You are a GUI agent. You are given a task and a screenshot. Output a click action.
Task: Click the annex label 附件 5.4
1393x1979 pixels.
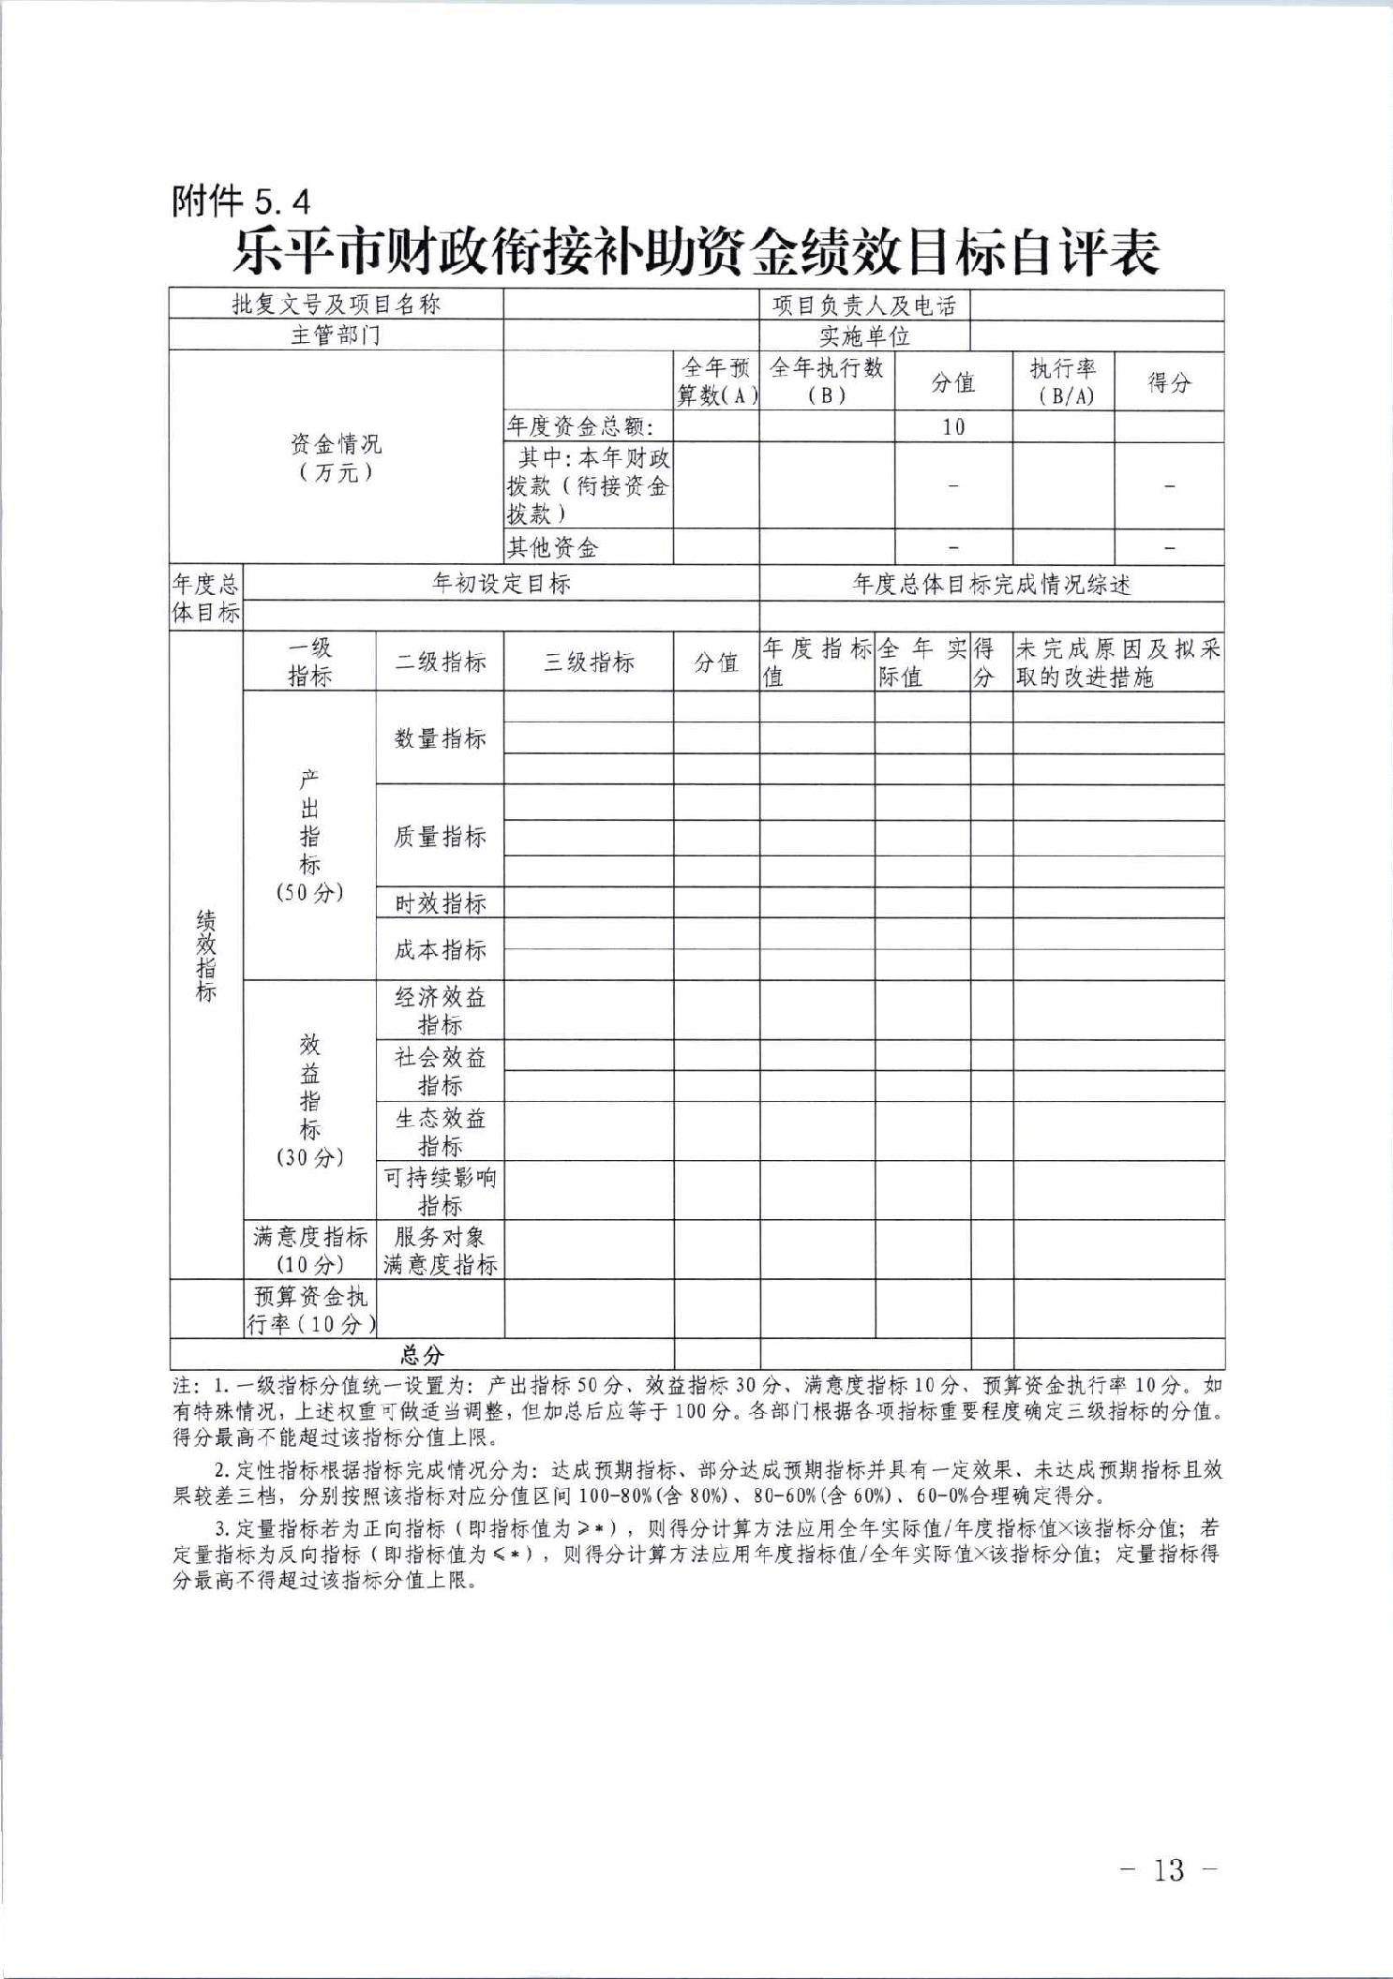240,201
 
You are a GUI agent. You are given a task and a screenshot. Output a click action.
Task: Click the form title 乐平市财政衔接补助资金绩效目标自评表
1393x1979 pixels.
696,252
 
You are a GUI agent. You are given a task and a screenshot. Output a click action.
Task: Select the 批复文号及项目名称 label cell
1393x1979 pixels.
336,305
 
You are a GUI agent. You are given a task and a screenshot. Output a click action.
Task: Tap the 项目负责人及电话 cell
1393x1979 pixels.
863,305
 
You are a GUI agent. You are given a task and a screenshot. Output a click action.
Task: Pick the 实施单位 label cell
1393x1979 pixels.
863,335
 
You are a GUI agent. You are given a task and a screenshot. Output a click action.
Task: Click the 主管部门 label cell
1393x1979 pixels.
336,335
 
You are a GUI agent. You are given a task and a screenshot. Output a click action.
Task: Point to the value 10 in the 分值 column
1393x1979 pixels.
953,427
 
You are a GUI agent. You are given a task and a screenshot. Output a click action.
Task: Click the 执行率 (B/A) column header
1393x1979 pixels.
1063,381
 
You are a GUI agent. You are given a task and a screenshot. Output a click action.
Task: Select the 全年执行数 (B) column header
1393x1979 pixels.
826,381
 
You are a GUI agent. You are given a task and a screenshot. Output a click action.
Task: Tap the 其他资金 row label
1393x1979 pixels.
552,547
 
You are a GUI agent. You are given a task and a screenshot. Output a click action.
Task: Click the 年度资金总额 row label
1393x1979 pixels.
579,427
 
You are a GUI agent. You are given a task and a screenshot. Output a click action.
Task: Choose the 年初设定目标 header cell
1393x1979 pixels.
501,584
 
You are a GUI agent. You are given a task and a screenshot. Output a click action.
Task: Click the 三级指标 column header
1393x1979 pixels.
589,662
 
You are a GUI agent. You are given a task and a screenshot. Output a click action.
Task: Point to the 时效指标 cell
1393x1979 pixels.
440,903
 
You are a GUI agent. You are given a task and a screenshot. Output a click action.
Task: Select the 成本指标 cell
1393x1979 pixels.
440,950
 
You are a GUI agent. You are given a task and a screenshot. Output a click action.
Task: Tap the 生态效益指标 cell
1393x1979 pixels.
440,1132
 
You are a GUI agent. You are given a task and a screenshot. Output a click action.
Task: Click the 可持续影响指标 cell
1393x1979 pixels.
440,1191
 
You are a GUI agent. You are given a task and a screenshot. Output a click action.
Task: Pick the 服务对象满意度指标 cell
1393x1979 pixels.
440,1250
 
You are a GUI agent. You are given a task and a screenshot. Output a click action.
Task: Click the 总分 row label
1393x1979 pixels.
422,1355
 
